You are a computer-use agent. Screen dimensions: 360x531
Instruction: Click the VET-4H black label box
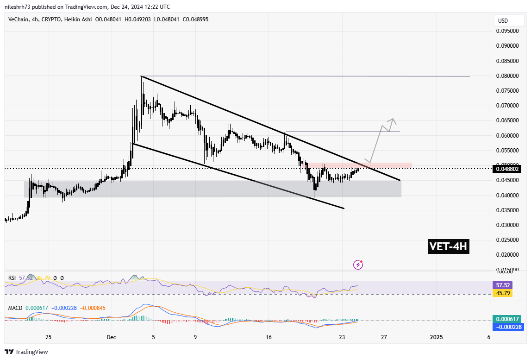coord(448,247)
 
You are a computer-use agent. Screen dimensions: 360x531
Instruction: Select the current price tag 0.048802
coord(508,169)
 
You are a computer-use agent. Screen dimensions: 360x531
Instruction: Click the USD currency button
coord(502,21)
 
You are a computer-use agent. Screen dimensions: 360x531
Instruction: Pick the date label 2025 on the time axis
coord(436,337)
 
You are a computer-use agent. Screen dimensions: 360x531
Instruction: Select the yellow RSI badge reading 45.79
coord(508,293)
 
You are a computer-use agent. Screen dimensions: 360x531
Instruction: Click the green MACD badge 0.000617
coord(508,319)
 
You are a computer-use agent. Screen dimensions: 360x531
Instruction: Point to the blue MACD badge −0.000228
coord(508,326)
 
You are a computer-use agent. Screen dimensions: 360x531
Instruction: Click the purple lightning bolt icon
coord(358,265)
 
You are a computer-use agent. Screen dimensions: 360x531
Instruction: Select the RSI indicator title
coord(12,278)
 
